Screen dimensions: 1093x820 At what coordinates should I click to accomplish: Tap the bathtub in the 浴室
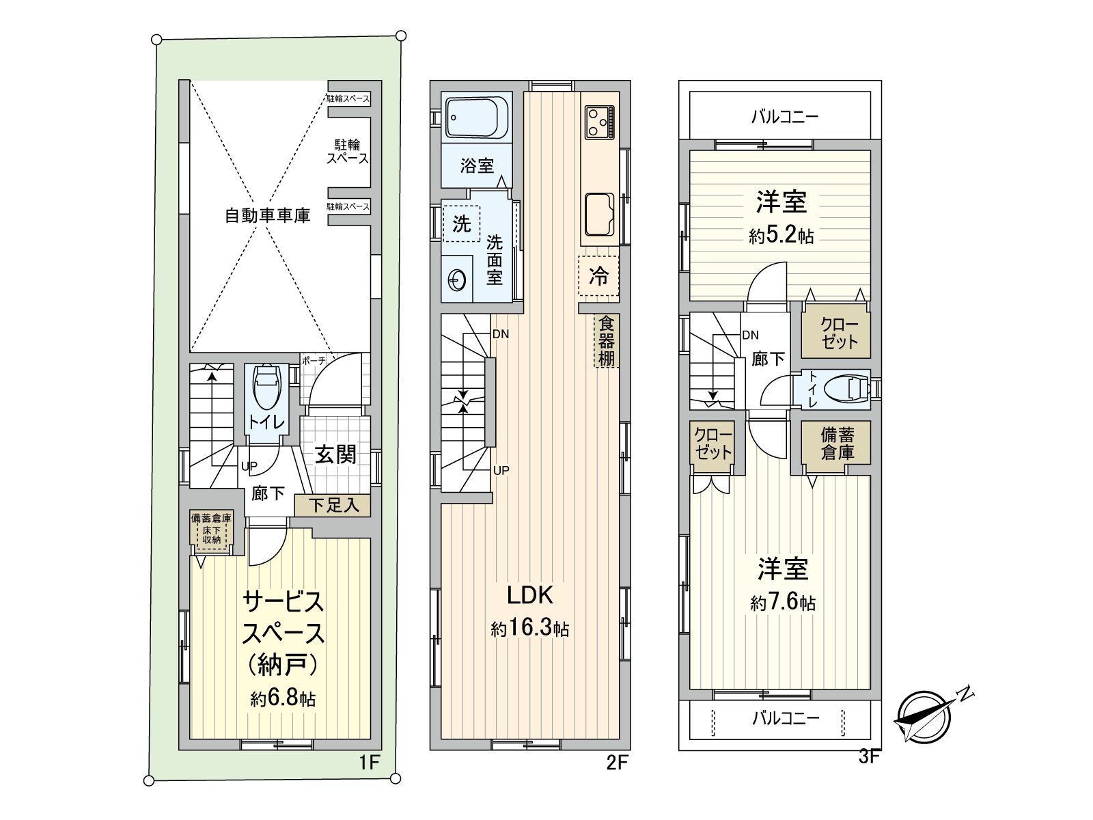point(477,117)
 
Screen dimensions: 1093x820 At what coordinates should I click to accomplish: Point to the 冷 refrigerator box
point(598,276)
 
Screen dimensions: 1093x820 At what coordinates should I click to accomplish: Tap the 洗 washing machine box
point(462,223)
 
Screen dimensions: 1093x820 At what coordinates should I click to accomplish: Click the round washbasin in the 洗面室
point(456,279)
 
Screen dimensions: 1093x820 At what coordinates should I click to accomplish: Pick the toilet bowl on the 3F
point(846,389)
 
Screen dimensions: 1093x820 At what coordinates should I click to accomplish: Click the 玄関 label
point(335,454)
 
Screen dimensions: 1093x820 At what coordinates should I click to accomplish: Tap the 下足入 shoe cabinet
point(333,506)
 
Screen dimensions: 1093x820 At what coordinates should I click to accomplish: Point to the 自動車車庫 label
point(267,215)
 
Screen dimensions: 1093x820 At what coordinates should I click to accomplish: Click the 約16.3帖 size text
point(530,629)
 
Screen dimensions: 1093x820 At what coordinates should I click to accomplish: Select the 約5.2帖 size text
point(781,235)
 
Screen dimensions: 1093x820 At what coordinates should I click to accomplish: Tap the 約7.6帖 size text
point(783,603)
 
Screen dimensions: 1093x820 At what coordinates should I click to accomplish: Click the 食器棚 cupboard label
point(607,341)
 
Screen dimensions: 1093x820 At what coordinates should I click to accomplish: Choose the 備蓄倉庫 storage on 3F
point(837,443)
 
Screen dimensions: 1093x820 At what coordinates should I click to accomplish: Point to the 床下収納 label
point(212,535)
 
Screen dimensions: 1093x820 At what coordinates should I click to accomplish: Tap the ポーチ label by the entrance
point(314,361)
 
